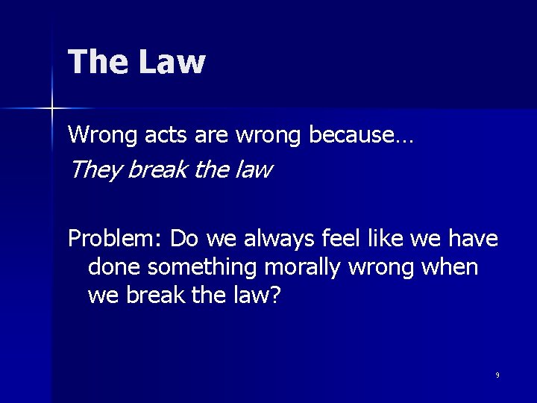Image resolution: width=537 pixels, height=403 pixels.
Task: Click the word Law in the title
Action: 172,62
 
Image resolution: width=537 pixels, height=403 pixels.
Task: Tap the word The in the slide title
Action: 97,62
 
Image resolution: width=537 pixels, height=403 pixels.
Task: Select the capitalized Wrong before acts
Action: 96,135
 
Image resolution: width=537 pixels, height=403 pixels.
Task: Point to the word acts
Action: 154,135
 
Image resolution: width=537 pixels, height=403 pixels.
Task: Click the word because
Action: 361,135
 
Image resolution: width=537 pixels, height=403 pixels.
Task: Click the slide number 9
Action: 497,375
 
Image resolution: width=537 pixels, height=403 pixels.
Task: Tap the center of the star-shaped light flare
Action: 52,109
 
